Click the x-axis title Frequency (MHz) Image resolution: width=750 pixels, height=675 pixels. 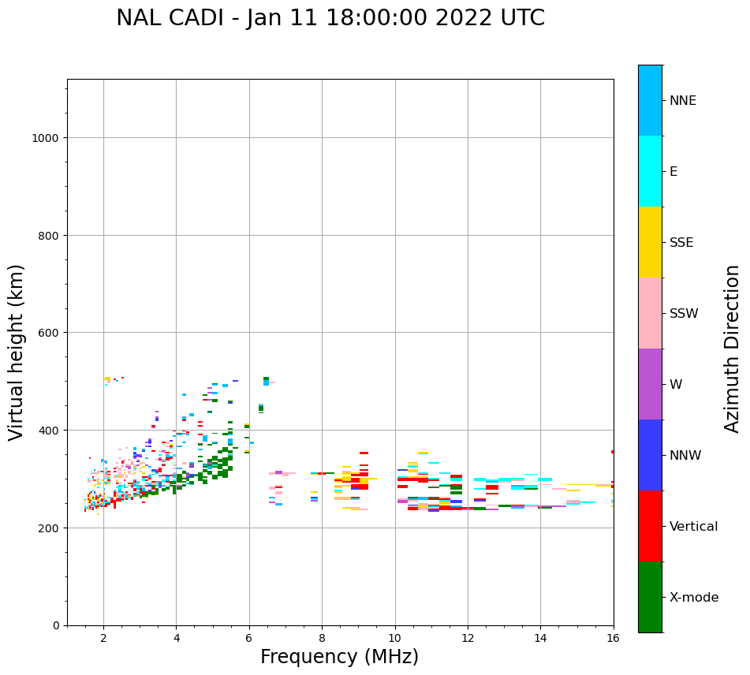click(x=339, y=658)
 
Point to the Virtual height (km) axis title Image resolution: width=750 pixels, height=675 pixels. click(x=17, y=352)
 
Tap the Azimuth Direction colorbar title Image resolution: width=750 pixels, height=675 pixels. click(x=733, y=349)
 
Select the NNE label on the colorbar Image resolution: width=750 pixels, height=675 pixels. click(x=683, y=101)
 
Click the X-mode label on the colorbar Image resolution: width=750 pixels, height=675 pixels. click(x=694, y=598)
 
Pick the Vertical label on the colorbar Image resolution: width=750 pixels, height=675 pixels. click(x=694, y=527)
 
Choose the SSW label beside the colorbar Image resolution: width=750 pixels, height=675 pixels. click(x=684, y=314)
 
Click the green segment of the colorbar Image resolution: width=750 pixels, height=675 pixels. click(x=650, y=597)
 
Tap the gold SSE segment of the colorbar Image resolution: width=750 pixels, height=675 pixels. click(x=650, y=242)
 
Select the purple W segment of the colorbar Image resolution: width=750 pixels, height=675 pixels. click(x=650, y=384)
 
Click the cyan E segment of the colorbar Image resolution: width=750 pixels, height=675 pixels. click(x=650, y=171)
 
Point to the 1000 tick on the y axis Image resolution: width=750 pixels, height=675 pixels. click(x=48, y=138)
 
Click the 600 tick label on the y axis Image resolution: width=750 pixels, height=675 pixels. click(x=51, y=333)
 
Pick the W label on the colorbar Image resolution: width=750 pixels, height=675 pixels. click(x=676, y=385)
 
